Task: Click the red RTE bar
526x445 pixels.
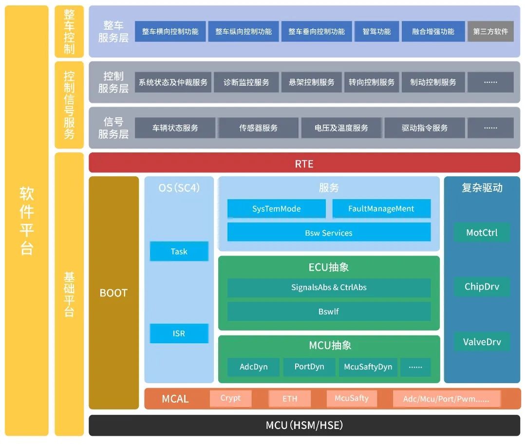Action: (304, 164)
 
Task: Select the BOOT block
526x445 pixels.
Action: (113, 293)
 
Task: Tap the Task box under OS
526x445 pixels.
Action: (179, 251)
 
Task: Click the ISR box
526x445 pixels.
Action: (179, 334)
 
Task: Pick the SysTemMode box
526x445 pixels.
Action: (276, 209)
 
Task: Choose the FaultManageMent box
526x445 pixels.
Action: (381, 209)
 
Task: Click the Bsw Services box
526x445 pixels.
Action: (329, 233)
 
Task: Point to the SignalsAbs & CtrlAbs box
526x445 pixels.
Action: (329, 287)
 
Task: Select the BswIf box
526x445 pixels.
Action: (329, 311)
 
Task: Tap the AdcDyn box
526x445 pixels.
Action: (254, 367)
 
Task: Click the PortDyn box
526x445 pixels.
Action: (309, 367)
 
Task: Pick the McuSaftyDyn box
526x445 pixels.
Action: (368, 367)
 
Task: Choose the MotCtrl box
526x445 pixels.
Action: (482, 232)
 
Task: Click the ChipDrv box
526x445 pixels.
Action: (482, 286)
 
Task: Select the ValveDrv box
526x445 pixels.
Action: (482, 341)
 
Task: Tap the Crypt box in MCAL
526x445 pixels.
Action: (230, 398)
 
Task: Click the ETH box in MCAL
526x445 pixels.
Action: (290, 399)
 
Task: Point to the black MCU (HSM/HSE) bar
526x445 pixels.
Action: (304, 425)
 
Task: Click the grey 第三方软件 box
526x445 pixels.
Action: (490, 31)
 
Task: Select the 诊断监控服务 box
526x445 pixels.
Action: (246, 82)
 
